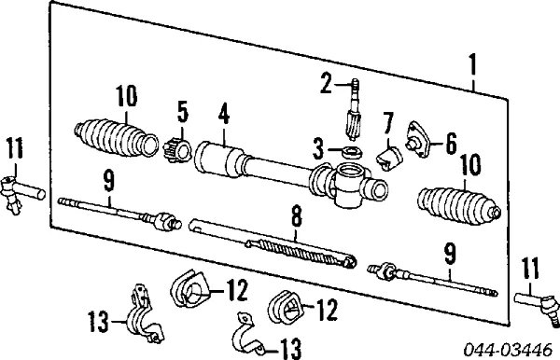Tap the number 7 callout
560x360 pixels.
pyautogui.click(x=387, y=122)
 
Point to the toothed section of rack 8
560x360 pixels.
pyautogui.click(x=297, y=247)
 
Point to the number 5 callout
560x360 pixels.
pyautogui.click(x=182, y=112)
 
